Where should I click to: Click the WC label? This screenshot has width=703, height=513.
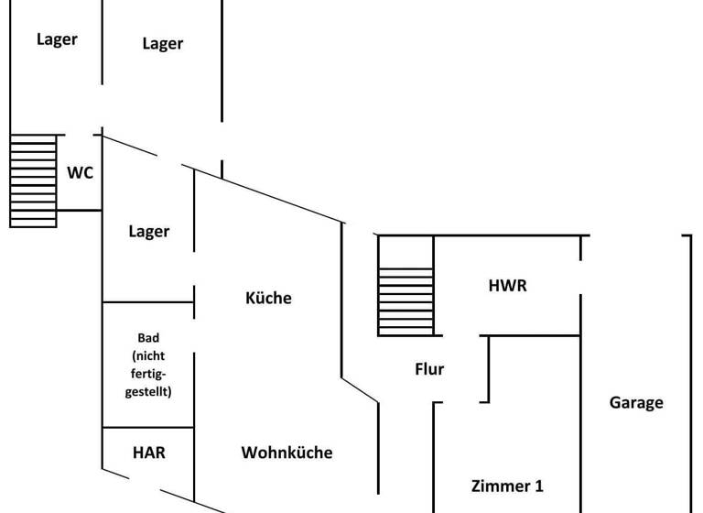[80, 172]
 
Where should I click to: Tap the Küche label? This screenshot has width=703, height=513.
[268, 298]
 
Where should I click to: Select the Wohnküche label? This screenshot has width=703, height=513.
[287, 453]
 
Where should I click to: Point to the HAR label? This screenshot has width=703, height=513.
[148, 453]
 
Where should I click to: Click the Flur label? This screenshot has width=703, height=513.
[429, 369]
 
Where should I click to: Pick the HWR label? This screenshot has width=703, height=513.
[507, 286]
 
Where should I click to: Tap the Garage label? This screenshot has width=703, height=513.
[636, 402]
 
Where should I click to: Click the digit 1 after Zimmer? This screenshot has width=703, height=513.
[550, 486]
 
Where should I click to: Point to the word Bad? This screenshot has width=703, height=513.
[148, 338]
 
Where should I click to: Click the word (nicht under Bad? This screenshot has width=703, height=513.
[148, 355]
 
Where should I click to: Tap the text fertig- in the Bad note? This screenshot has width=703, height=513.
[148, 373]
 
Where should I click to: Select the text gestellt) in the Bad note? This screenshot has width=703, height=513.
[148, 391]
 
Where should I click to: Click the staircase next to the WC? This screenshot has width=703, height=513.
[33, 180]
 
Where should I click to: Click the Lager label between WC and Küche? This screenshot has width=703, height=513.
[148, 232]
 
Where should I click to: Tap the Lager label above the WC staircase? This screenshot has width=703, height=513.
[57, 39]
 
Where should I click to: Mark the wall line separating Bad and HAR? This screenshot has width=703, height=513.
[148, 427]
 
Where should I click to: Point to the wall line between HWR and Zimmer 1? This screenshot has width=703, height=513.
[535, 335]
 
